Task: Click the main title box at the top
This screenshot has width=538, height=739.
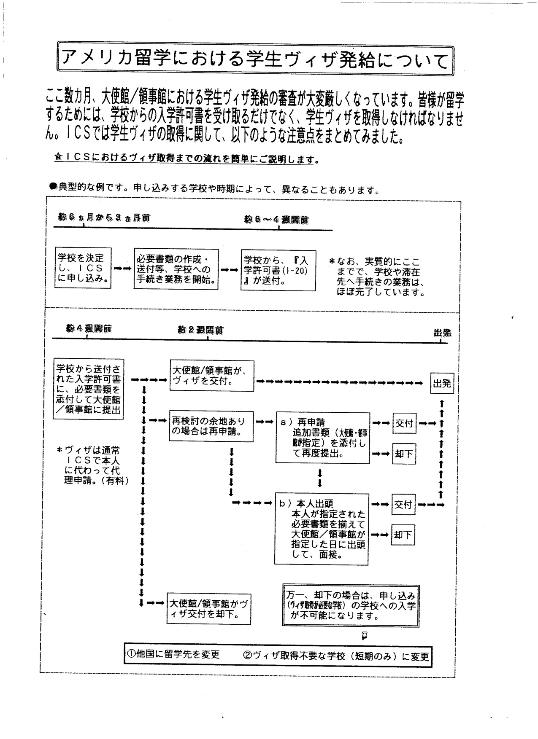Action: (255, 59)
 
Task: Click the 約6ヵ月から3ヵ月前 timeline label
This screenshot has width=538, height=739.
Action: (104, 218)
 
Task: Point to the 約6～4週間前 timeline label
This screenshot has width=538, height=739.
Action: (276, 220)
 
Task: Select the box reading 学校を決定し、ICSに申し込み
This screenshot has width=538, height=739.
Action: (83, 268)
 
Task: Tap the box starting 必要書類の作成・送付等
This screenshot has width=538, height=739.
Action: (176, 269)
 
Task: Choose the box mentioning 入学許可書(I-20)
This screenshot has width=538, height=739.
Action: (278, 270)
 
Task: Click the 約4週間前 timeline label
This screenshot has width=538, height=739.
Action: (89, 328)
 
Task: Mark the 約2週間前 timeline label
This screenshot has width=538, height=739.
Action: (200, 330)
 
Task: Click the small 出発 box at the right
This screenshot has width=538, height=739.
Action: (442, 383)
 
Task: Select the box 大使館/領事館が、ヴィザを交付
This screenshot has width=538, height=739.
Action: (212, 376)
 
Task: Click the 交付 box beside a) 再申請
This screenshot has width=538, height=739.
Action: (404, 423)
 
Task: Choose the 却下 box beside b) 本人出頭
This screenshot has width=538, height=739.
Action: (403, 535)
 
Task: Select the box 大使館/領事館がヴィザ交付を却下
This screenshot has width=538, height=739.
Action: (208, 608)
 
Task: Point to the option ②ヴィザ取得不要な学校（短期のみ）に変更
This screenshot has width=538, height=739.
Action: (336, 656)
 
